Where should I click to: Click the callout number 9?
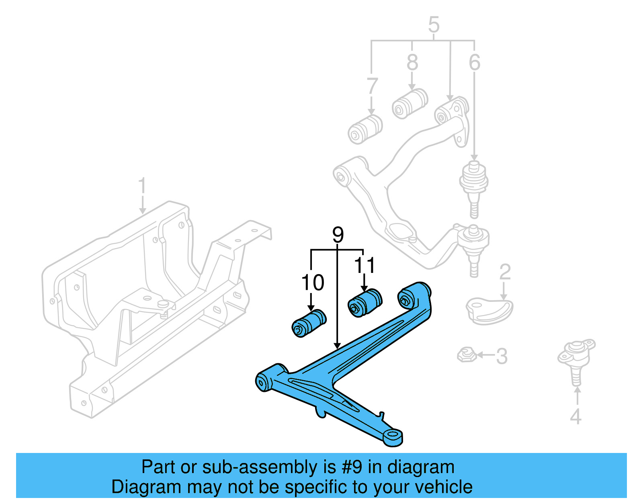pos(338,235)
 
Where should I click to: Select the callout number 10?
pos(313,283)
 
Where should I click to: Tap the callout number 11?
pos(365,265)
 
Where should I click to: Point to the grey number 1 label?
pos(142,186)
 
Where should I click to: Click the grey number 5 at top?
pos(434,25)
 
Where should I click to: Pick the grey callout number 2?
pos(505,272)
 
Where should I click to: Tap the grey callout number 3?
pos(502,356)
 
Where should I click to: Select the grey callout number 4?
pos(575,416)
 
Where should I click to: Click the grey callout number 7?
pos(372,86)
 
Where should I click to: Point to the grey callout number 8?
pos(412,62)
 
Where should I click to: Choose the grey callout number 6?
pos(474,62)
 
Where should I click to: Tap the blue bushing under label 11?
pos(365,303)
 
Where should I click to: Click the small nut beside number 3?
pos(467,354)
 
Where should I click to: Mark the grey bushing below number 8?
pos(410,103)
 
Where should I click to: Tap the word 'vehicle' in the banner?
pos(443,487)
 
